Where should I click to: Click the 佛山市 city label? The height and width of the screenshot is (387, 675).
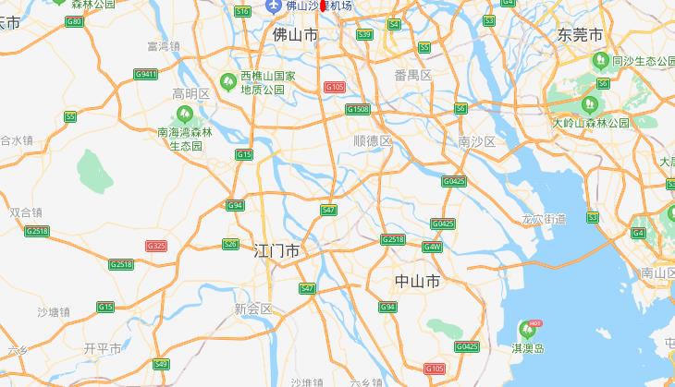296,34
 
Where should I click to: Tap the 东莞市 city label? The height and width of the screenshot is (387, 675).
581,34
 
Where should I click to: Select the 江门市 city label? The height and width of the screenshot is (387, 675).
276,250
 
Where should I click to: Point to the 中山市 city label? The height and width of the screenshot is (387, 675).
416,281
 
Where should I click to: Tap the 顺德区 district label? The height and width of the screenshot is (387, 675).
373,140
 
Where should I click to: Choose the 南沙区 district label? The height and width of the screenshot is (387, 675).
477,140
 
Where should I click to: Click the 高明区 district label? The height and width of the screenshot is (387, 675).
192,93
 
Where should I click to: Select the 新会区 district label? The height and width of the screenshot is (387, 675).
253,308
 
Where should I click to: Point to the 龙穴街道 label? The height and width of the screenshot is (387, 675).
544,219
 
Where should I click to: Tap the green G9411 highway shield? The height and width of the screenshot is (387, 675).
145,74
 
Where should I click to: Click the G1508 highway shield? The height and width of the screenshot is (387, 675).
358,109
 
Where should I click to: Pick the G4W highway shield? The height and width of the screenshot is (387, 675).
432,247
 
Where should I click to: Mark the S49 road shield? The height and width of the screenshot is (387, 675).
161,364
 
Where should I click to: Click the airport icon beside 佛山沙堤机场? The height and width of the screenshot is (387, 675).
273,6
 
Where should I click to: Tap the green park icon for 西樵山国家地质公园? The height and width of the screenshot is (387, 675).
227,81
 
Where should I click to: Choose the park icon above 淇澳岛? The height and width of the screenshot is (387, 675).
528,329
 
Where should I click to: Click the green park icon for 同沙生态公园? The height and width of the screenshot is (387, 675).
598,62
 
